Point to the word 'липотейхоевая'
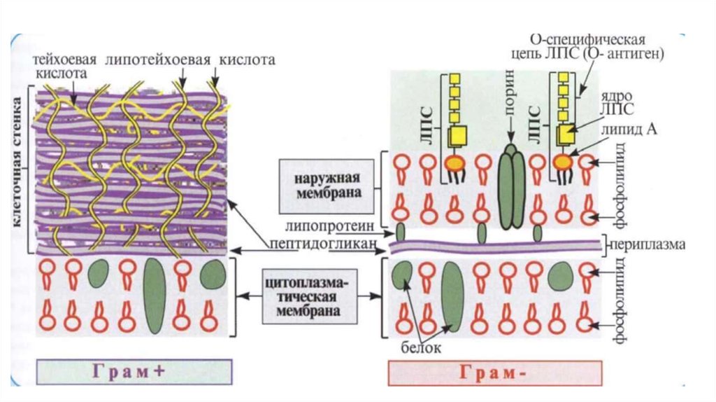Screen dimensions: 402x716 [157, 60]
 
